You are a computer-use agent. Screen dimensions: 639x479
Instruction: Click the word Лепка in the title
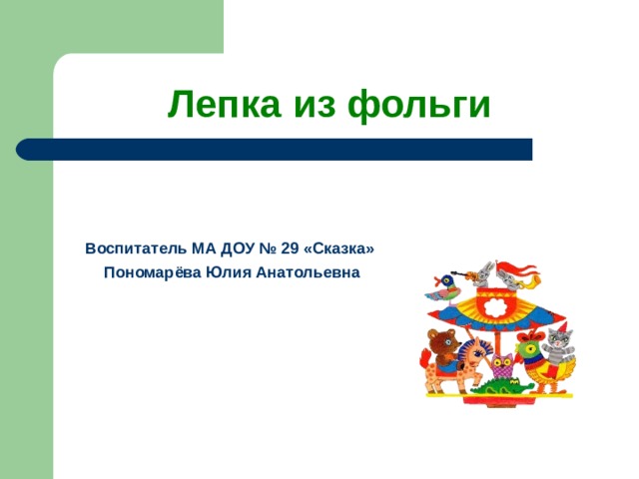pos(225,104)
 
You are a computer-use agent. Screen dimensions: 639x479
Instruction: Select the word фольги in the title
pos(419,104)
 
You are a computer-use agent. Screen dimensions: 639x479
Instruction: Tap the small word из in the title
pos(315,106)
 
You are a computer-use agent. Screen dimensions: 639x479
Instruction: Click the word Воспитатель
pos(136,248)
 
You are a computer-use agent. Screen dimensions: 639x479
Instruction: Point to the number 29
pos(291,248)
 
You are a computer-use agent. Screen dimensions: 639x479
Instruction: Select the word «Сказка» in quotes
pos(339,248)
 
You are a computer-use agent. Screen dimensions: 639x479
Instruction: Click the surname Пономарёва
pos(153,272)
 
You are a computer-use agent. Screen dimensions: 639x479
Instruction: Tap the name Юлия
pos(229,272)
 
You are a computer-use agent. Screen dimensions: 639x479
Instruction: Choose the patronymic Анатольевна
pos(309,272)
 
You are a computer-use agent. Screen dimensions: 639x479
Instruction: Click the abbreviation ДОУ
pos(238,248)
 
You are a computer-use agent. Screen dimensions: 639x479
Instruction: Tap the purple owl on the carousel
pos(502,366)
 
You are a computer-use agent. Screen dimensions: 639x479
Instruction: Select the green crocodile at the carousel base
pos(502,387)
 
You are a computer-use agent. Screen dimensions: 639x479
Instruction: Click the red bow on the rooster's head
pos(532,336)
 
